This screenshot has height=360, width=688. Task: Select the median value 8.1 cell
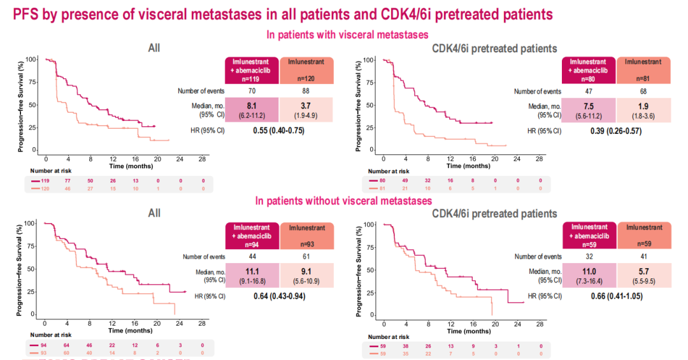pos(251,110)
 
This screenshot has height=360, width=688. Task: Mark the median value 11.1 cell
pos(251,275)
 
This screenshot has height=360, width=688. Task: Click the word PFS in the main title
pos(25,13)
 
